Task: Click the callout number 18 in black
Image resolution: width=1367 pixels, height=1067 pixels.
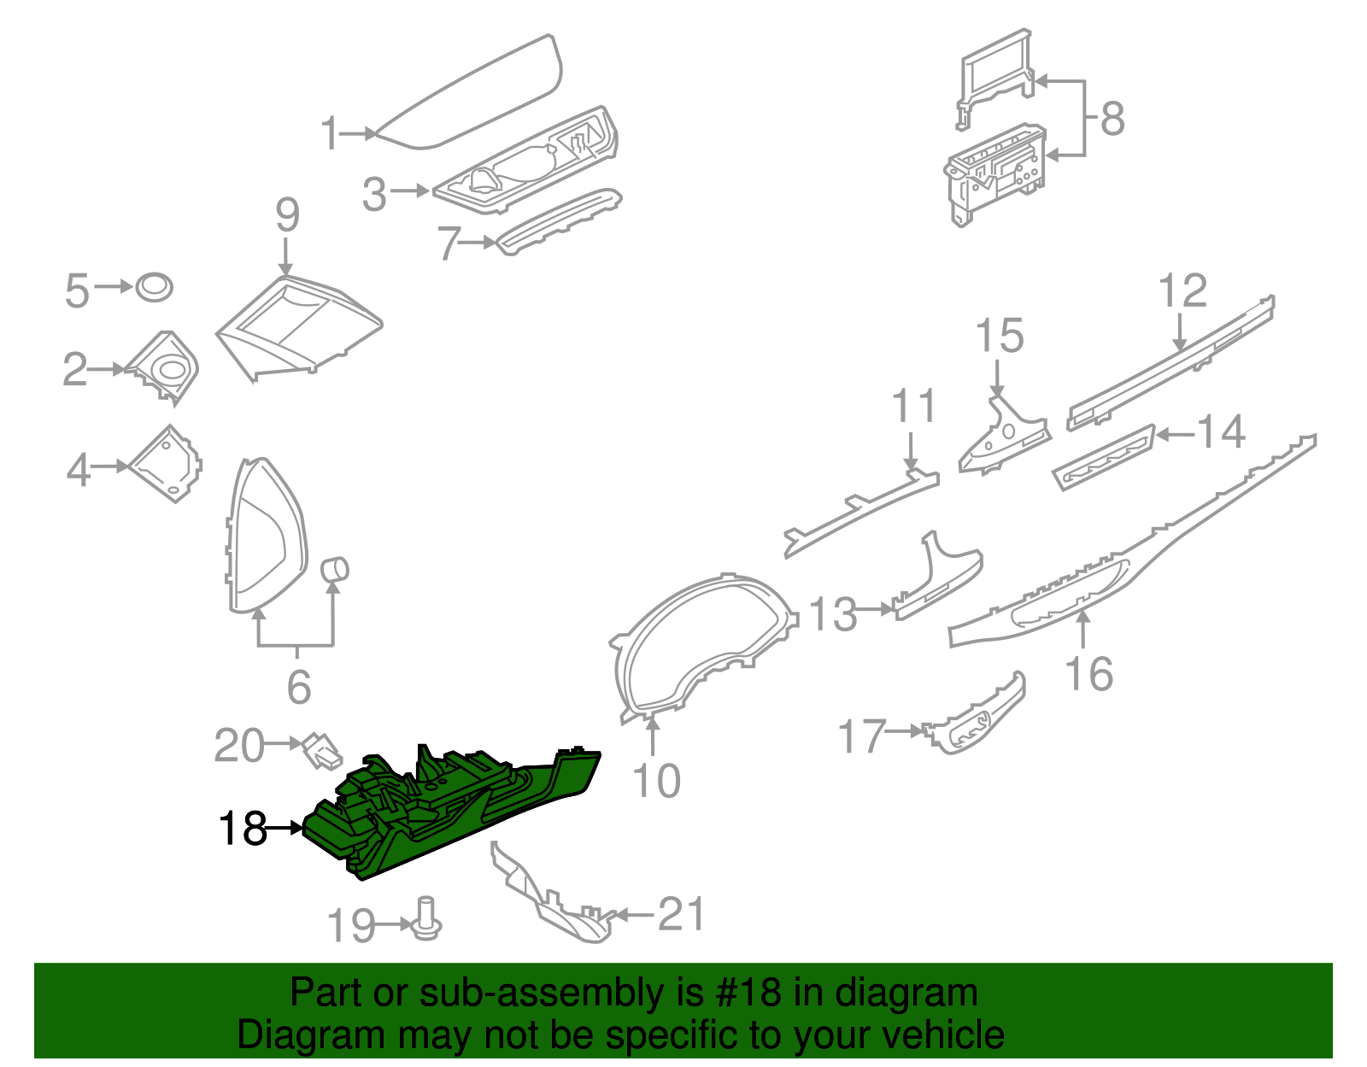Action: pos(243,828)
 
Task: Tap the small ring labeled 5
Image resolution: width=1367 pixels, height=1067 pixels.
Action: pos(155,287)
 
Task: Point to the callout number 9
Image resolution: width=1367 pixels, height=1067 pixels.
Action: pos(287,214)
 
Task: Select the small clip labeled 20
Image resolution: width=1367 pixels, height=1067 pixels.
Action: pos(319,747)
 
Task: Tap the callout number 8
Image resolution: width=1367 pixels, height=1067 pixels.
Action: pos(1112,118)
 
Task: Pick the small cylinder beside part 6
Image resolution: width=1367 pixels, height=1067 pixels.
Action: pos(334,569)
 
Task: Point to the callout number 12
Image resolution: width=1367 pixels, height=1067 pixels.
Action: pos(1182,291)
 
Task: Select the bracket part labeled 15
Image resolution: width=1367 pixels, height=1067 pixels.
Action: pos(1000,436)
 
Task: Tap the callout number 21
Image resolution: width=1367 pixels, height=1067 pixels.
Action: pos(682,915)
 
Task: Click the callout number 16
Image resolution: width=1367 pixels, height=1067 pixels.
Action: pos(1089,674)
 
